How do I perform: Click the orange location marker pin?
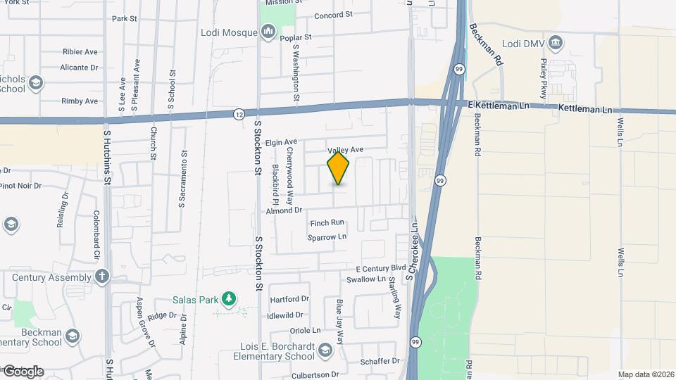(338, 168)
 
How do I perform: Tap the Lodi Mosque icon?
(268, 32)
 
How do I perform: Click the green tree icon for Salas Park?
(228, 300)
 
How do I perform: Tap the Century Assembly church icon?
(103, 277)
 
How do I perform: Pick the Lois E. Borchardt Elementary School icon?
(325, 350)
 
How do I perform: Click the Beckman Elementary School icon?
(72, 336)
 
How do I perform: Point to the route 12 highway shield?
(240, 113)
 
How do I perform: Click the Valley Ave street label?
(345, 150)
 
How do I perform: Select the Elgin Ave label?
(282, 142)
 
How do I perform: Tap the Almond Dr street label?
(284, 210)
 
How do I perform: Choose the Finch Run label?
(327, 223)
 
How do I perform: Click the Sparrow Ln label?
(327, 238)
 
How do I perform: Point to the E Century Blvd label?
(381, 269)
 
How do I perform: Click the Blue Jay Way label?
(340, 321)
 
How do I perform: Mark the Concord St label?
(333, 15)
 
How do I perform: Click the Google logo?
(23, 372)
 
